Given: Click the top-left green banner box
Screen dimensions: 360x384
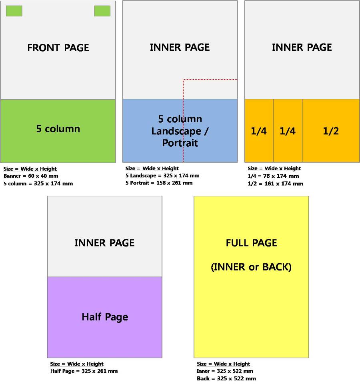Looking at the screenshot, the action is [x=14, y=11].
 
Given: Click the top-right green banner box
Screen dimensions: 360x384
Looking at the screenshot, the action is [x=102, y=11].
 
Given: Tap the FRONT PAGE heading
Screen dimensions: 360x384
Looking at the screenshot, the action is [x=58, y=48].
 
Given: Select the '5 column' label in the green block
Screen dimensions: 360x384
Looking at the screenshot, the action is [x=58, y=129].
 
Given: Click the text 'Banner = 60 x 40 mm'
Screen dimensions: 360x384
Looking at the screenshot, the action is [x=31, y=176].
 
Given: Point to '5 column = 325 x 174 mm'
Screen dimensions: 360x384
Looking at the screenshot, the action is [x=38, y=184].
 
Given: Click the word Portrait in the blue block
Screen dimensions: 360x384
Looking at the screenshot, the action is [x=180, y=143].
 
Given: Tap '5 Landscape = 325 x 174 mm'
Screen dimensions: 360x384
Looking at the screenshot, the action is [x=162, y=175].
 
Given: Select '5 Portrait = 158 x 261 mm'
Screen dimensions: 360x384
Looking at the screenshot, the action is [x=159, y=183].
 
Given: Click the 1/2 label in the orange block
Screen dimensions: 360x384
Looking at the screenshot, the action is [x=331, y=131].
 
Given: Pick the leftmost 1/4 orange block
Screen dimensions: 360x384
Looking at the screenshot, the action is [x=259, y=131].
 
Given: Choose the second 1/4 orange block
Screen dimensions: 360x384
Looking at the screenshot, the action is [x=288, y=131].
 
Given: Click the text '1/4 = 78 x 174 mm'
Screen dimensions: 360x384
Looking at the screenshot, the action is [x=273, y=176].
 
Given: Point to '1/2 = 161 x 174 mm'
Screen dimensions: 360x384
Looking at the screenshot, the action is [x=275, y=184].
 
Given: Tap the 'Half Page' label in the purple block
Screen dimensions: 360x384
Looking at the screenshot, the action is [x=105, y=317].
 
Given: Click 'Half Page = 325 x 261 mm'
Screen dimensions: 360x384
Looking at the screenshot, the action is [x=84, y=371].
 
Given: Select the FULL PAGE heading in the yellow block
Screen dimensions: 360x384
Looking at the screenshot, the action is [x=251, y=243].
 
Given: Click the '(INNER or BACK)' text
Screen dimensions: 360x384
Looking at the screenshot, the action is [x=251, y=267].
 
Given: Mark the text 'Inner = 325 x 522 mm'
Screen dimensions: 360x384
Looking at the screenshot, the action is [x=225, y=371].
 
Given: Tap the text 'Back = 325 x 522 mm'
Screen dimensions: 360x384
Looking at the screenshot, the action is [x=226, y=379].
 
